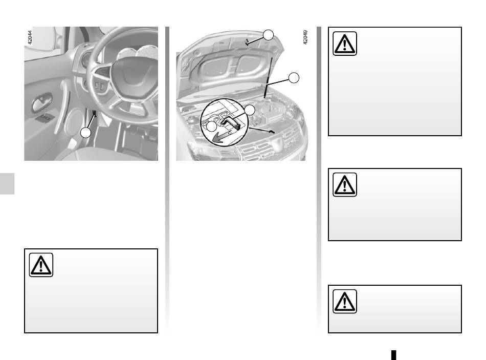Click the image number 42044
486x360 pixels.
tap(30, 37)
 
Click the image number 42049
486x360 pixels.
tap(305, 37)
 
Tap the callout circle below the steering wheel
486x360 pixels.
tap(85, 133)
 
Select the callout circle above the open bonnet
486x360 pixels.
tap(268, 35)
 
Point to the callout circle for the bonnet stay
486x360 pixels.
tap(294, 78)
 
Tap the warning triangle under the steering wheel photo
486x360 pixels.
tap(41, 265)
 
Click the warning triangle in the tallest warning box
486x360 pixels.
tap(345, 44)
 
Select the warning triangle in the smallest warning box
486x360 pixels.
tap(345, 301)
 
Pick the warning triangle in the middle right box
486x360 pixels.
tap(345, 185)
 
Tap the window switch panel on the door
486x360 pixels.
tap(45, 118)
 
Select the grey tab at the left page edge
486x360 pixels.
tap(7, 184)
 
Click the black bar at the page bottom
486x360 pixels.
tap(393, 355)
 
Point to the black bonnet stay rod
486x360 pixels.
tap(268, 78)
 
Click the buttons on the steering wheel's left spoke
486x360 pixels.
tap(99, 86)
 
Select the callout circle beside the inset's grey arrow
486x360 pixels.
tap(212, 126)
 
